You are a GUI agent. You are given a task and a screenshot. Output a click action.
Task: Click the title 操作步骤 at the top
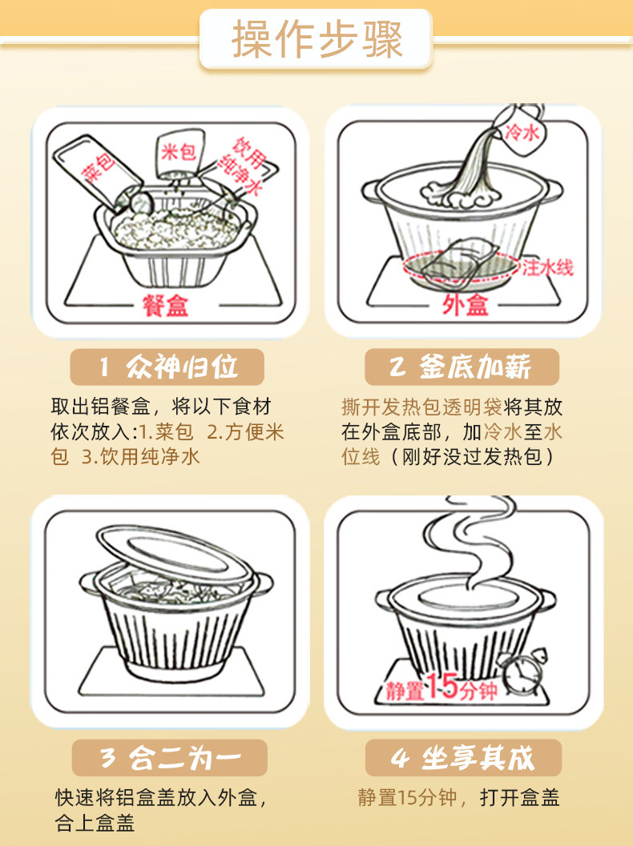pyautogui.click(x=317, y=39)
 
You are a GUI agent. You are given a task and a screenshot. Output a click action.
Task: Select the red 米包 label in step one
pyautogui.click(x=178, y=152)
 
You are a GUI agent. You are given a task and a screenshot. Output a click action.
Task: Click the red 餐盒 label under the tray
pyautogui.click(x=165, y=306)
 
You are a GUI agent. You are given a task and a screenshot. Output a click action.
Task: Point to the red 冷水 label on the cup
pyautogui.click(x=522, y=130)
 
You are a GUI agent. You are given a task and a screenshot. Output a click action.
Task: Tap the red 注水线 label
pyautogui.click(x=547, y=267)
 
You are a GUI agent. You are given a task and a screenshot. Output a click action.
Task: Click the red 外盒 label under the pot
pyautogui.click(x=465, y=305)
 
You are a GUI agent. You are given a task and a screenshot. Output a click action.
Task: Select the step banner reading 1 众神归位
pyautogui.click(x=167, y=367)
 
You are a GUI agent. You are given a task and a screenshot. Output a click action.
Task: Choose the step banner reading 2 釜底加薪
pyautogui.click(x=462, y=367)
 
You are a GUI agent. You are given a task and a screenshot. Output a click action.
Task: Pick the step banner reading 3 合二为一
pyautogui.click(x=170, y=757)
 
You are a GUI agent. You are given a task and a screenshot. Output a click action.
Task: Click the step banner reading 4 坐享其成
pyautogui.click(x=463, y=757)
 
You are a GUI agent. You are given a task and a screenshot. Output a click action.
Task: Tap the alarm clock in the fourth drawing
pyautogui.click(x=522, y=672)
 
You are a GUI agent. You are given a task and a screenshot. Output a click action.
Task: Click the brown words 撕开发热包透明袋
pyautogui.click(x=421, y=407)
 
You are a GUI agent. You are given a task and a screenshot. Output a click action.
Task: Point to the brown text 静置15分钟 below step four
pyautogui.click(x=407, y=797)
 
